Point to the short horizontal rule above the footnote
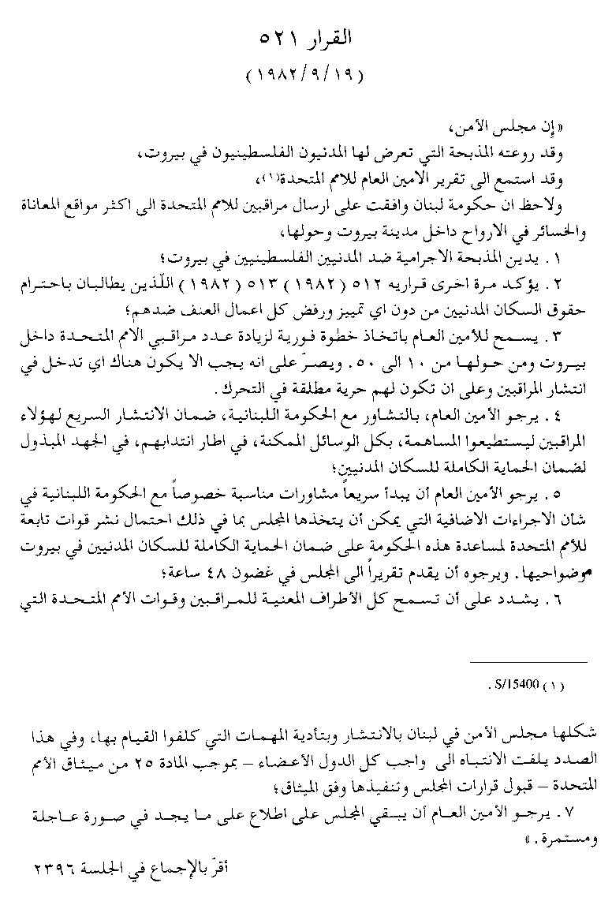tap(539, 662)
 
